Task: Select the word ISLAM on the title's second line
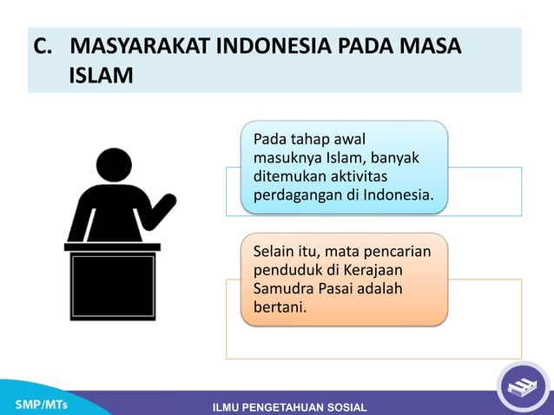[x=101, y=76]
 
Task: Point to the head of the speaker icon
[x=114, y=165]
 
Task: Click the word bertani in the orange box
[x=279, y=306]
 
